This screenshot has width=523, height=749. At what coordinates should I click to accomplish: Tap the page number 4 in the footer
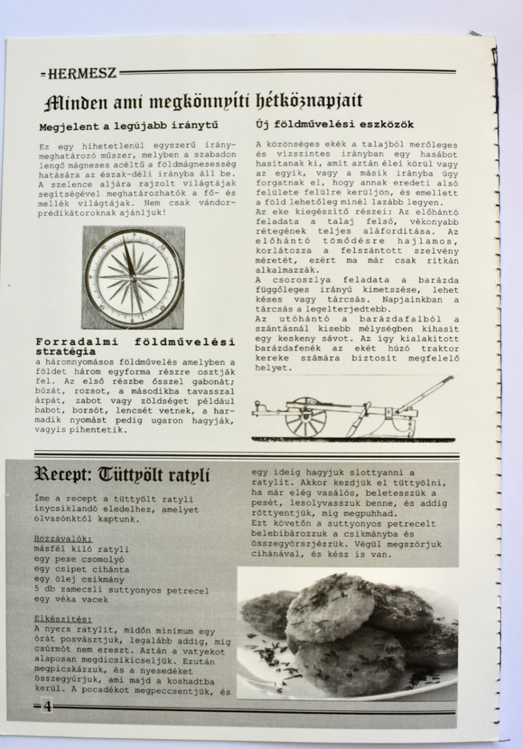48,707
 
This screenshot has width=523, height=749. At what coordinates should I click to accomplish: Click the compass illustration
133,278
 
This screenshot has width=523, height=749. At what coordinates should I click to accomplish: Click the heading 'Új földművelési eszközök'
334,125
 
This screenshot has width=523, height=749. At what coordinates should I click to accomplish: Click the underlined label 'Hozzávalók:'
63,539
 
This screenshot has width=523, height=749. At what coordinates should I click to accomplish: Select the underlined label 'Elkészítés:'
63,619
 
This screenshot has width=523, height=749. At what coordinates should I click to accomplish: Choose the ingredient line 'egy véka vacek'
71,600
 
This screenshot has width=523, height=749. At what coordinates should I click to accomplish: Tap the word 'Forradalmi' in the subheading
75,342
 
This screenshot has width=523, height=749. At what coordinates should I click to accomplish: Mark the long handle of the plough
425,393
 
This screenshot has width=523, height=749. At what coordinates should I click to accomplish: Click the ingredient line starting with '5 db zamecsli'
121,590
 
